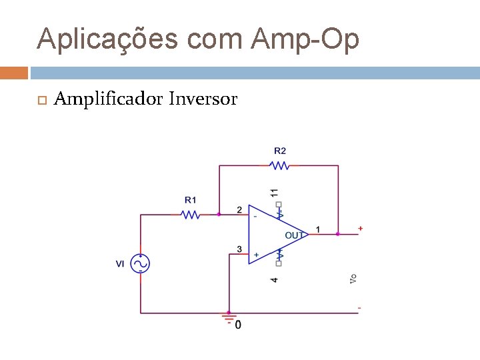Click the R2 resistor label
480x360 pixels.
[280, 151]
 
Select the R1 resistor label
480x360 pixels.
[191, 199]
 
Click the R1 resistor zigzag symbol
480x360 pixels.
[191, 215]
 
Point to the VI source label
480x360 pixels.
[120, 264]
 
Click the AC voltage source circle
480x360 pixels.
[140, 264]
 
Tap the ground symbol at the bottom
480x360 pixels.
[229, 319]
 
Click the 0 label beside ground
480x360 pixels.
[239, 325]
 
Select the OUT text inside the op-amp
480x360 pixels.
[294, 235]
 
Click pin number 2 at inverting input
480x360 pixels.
[239, 210]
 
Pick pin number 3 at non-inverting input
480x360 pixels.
[239, 249]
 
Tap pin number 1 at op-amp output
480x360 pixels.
[318, 229]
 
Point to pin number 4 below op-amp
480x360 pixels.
[274, 279]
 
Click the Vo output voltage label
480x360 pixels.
[353, 279]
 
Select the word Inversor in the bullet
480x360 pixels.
[203, 99]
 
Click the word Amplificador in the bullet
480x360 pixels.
[108, 99]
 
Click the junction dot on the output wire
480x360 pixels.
[338, 234]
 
